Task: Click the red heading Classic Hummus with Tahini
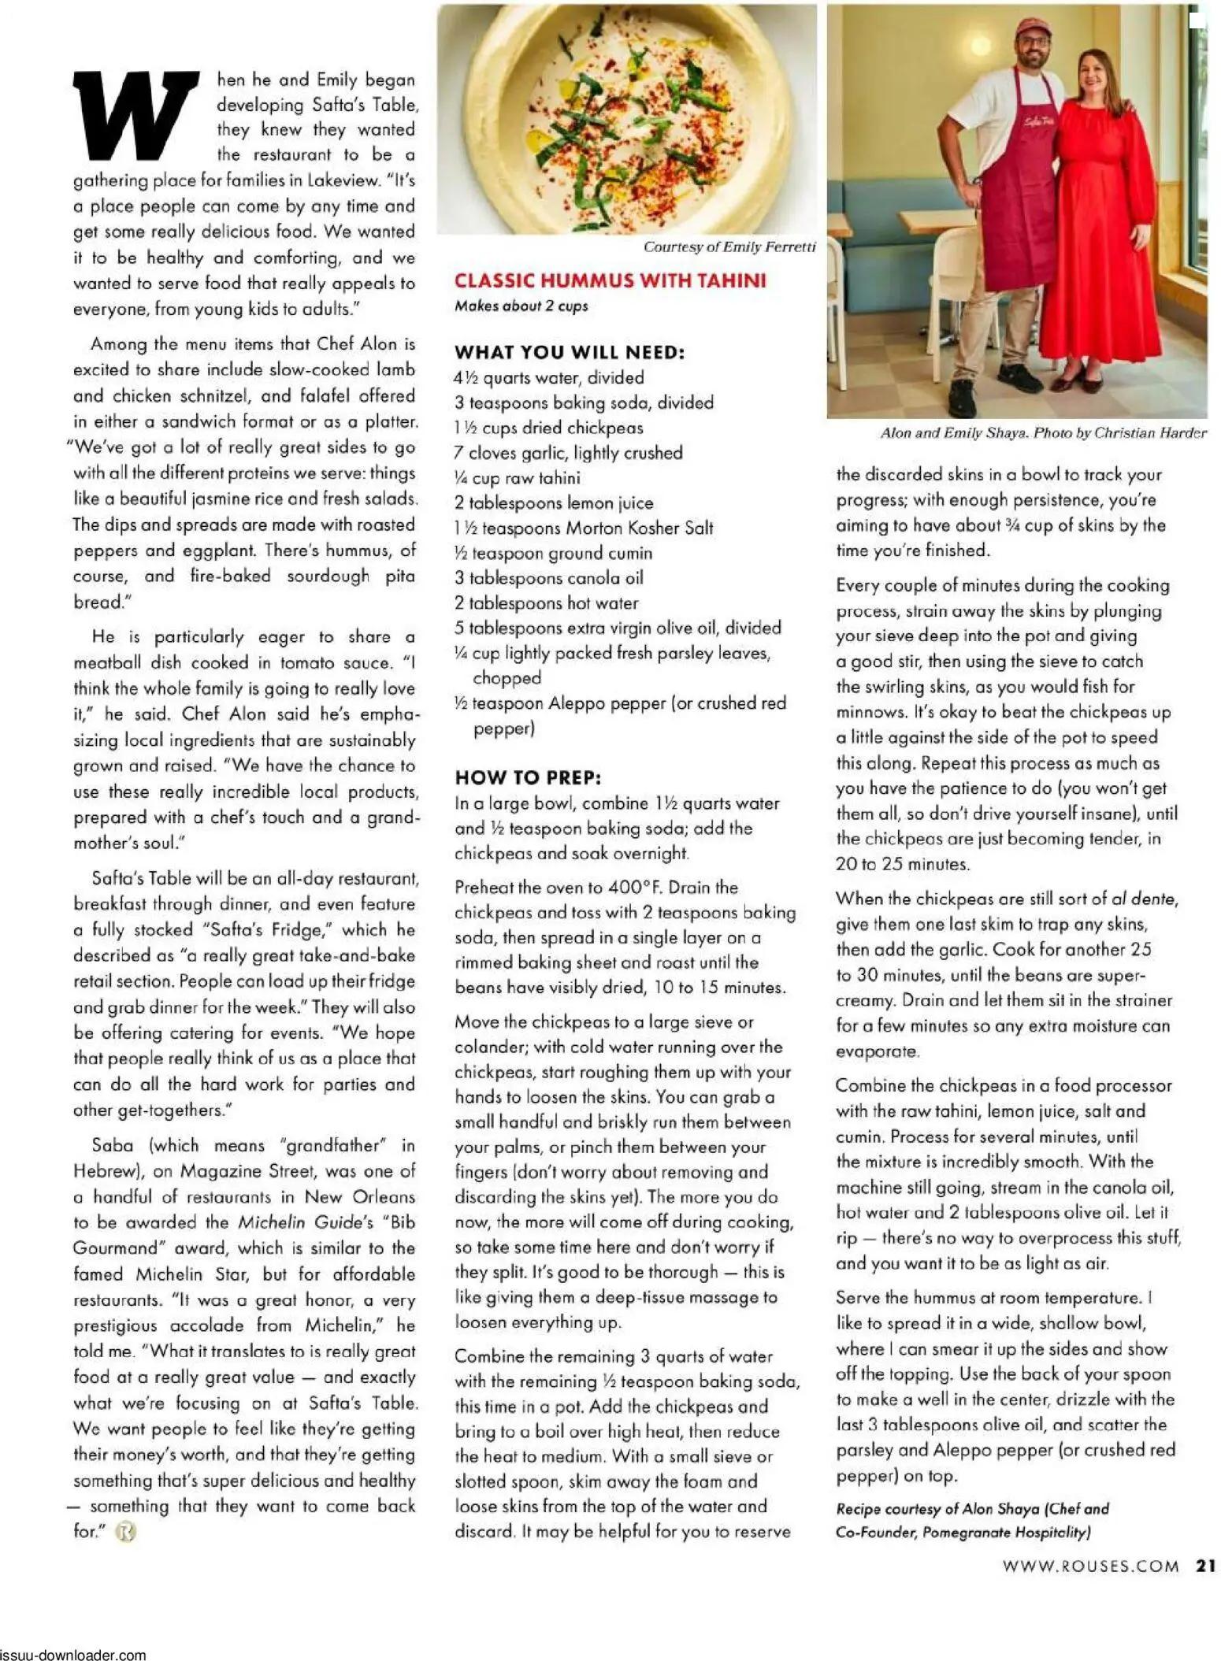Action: coord(610,281)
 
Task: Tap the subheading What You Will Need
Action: coord(569,352)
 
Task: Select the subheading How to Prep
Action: coord(528,777)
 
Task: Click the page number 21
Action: coord(1206,1566)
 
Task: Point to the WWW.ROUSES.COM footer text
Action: coord(1090,1566)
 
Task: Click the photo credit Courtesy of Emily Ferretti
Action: coord(729,247)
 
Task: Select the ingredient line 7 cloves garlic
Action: coord(568,453)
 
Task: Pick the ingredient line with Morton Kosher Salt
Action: coord(583,528)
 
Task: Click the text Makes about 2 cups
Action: coord(521,306)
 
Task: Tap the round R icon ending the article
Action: coord(125,1533)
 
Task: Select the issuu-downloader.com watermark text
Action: coord(72,1655)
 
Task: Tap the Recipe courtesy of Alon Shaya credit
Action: coord(971,1509)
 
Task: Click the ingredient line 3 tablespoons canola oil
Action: coord(548,578)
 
